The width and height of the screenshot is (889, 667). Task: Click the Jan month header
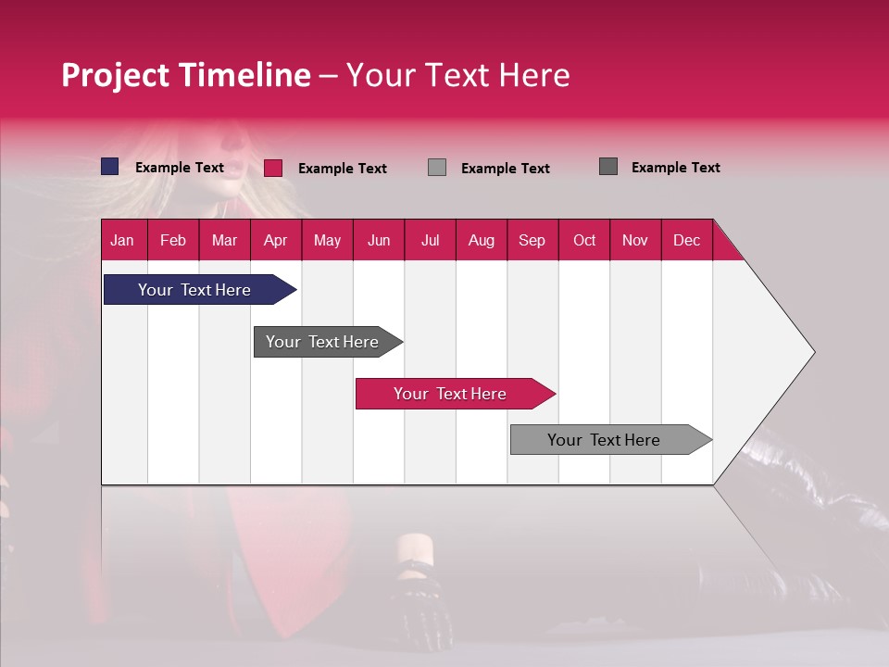(x=122, y=240)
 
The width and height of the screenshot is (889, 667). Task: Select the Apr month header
(x=275, y=240)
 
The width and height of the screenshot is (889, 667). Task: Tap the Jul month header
(x=430, y=240)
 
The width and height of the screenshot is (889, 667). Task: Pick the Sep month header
(x=532, y=240)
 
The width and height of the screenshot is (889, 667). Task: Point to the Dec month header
(x=686, y=240)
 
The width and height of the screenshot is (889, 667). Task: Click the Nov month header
(x=634, y=240)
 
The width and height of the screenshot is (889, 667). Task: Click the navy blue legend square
(x=110, y=167)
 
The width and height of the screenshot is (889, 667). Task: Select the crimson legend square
(x=273, y=168)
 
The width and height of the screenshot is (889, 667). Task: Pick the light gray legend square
(x=437, y=168)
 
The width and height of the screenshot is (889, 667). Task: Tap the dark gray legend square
(x=608, y=167)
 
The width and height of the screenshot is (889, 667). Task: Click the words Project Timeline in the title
(x=185, y=75)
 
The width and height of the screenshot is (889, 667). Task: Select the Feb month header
(x=173, y=240)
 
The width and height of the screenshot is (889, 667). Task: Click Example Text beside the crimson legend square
(x=342, y=168)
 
